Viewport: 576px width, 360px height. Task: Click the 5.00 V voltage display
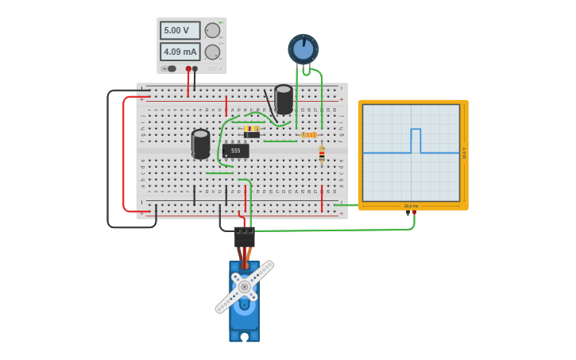point(180,31)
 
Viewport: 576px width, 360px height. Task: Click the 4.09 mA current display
point(180,52)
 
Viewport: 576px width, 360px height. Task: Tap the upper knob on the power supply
point(212,31)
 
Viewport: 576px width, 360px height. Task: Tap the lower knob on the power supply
point(212,52)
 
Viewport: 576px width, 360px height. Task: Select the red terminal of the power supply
point(188,69)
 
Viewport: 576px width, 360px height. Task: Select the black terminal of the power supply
point(195,69)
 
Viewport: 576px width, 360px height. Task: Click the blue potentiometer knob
point(303,49)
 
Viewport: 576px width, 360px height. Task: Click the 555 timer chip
point(235,150)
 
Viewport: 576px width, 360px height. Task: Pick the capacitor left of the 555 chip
point(200,143)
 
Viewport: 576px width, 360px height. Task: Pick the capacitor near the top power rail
point(284,99)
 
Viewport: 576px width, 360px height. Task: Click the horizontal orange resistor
point(309,135)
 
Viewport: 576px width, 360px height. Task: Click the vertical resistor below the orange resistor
point(322,154)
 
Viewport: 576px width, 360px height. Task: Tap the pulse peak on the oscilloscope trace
point(416,130)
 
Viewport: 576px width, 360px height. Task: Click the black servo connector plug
point(244,237)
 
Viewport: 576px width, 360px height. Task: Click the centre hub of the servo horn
point(244,287)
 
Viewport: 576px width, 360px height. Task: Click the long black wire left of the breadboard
point(108,159)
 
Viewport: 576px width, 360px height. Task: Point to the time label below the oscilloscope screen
point(411,206)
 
